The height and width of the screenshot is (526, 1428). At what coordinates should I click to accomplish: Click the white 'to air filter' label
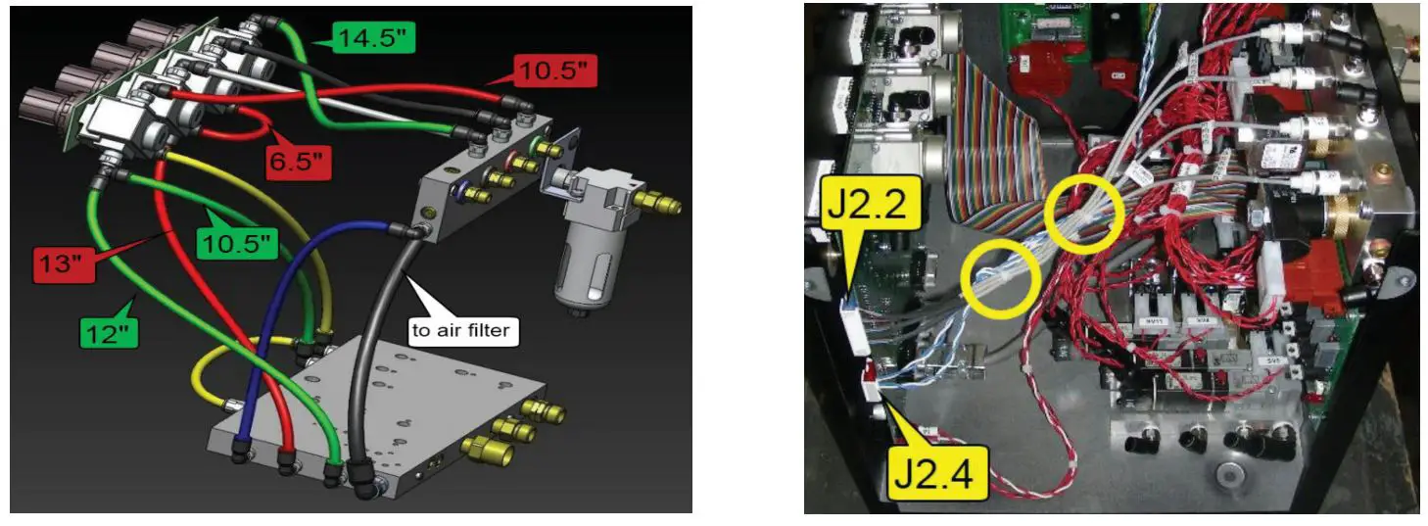click(460, 330)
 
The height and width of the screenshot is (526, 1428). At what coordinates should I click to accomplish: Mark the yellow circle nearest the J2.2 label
click(1002, 279)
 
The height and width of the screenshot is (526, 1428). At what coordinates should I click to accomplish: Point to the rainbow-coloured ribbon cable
click(999, 157)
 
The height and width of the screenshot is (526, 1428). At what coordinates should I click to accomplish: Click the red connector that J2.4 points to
click(868, 376)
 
